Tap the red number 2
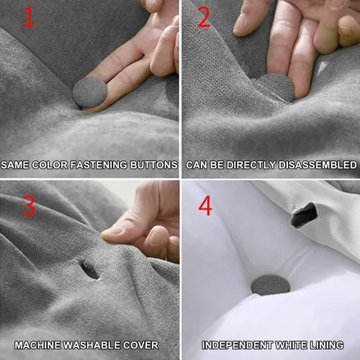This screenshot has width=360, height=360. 204,17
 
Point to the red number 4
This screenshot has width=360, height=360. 205,205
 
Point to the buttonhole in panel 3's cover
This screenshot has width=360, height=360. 90,271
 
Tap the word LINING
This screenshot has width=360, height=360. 325,345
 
